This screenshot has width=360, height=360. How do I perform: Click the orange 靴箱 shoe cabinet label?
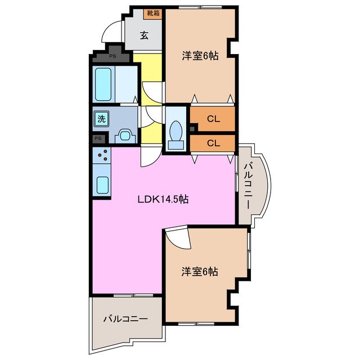152,13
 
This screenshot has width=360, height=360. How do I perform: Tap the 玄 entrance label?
144,35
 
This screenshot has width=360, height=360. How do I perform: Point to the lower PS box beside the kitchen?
98,138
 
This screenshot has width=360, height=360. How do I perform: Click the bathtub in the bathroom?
104,83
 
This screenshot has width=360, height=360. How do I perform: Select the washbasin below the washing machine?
125,136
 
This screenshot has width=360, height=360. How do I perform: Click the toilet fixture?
175,134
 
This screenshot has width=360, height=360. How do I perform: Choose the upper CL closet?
213,119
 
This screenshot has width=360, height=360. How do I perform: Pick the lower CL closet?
213,142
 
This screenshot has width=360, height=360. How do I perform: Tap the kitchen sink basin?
102,184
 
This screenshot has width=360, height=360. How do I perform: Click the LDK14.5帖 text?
163,199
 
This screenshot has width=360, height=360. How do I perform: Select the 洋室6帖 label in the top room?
200,55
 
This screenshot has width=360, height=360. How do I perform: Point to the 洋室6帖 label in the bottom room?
200,272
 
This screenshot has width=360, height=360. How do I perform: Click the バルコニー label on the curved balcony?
248,184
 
